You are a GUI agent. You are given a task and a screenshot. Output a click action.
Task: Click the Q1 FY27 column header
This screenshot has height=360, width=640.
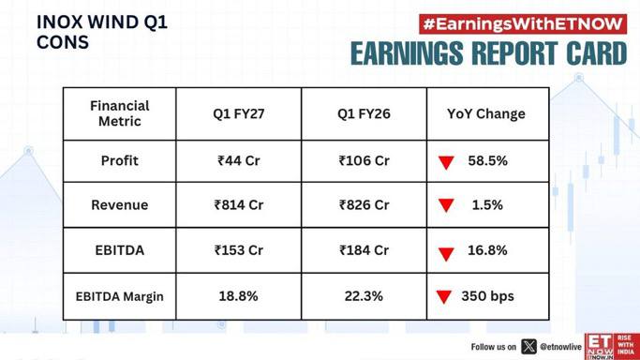(x=238, y=113)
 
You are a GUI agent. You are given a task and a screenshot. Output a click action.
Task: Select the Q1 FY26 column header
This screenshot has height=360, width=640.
(x=364, y=113)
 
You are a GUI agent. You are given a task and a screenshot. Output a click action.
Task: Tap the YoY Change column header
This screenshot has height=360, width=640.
(x=486, y=113)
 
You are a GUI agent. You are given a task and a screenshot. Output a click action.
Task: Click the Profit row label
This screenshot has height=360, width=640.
(x=120, y=160)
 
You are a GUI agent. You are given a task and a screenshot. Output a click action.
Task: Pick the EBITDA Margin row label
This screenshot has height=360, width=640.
(x=120, y=296)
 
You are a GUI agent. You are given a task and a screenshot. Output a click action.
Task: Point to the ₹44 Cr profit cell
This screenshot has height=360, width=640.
(x=238, y=160)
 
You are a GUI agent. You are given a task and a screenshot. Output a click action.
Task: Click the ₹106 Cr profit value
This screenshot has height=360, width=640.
(x=364, y=160)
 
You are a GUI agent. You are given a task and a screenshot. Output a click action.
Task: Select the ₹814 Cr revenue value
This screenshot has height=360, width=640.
(x=238, y=204)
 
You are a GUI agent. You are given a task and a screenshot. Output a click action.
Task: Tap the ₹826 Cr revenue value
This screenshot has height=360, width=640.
(x=364, y=204)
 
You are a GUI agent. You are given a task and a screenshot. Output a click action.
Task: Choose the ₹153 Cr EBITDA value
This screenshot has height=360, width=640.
(x=238, y=249)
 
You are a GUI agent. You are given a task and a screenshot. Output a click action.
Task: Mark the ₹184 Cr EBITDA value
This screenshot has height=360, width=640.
(x=364, y=249)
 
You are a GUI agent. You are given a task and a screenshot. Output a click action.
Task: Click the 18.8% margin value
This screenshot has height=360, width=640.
(x=238, y=296)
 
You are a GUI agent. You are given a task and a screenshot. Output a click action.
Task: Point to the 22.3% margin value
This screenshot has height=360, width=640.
(x=364, y=296)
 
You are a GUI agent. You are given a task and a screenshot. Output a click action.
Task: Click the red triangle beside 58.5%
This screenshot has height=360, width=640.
(x=446, y=162)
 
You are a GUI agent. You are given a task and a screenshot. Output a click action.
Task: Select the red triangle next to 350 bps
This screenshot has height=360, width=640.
(x=443, y=297)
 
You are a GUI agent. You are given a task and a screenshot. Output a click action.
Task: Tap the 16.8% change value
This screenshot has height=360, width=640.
(x=487, y=249)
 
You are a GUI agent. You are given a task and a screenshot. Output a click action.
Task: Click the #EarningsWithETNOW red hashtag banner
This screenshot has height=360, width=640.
(x=523, y=24)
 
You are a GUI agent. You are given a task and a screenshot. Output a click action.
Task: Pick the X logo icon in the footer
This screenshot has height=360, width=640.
(x=529, y=347)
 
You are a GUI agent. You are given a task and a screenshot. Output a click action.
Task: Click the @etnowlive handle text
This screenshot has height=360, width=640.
(x=560, y=347)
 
